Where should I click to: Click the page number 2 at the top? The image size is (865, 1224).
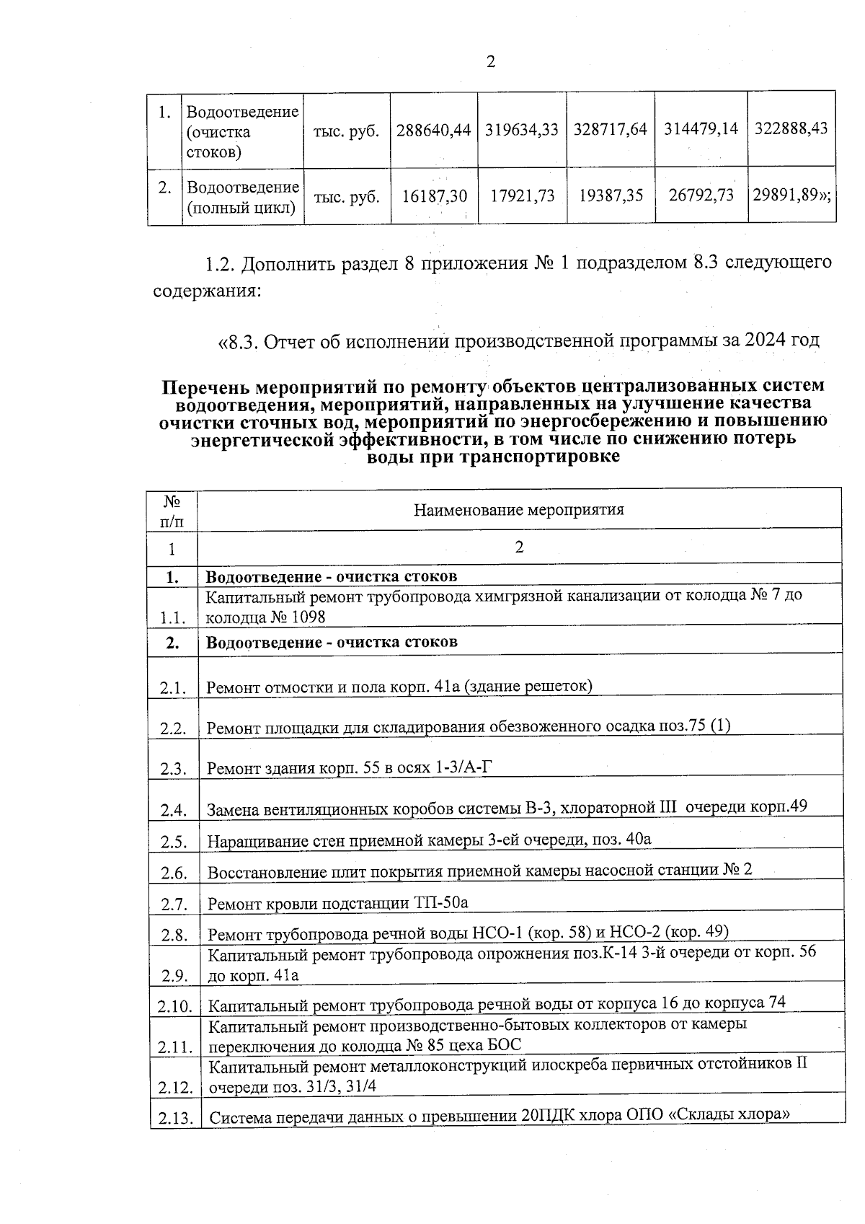(490, 63)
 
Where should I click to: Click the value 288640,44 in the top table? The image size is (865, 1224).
(432, 130)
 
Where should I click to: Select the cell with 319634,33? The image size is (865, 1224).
(522, 130)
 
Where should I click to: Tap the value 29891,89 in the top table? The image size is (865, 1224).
(789, 195)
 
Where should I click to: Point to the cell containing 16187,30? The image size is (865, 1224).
(434, 196)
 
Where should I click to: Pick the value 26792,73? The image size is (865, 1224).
(701, 195)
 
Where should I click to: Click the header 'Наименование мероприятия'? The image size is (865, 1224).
(518, 510)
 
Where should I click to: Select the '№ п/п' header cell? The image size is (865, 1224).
(172, 510)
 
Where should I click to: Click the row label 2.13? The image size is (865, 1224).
(174, 1119)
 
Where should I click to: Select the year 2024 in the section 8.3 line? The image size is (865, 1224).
(766, 340)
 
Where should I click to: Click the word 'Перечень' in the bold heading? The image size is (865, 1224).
(204, 387)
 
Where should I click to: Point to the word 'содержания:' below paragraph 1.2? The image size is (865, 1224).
(206, 292)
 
